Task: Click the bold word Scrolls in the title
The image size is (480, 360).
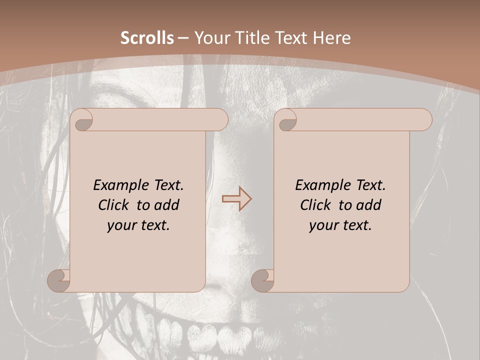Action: pos(147,38)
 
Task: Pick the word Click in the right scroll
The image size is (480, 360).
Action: pos(315,205)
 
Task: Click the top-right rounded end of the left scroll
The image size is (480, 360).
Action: pos(220,119)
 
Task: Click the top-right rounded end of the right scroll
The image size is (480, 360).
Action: pos(424,119)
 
